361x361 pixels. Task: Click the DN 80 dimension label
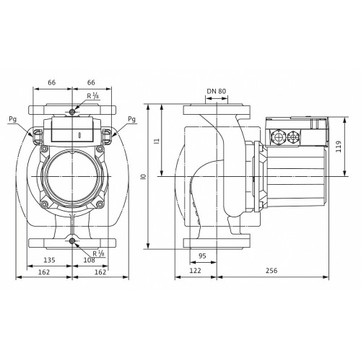pos(217,91)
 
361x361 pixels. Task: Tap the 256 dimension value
pos(271,271)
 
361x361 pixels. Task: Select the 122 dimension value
pos(195,271)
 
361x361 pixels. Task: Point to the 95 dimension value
pos(203,256)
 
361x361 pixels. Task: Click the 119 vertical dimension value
pos(339,147)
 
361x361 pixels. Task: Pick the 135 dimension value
pos(49,260)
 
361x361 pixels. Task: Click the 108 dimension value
pos(90,260)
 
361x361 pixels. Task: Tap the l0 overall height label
pos(144,176)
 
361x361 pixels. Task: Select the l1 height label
pos(157,141)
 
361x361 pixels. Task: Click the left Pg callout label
pos(13,119)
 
